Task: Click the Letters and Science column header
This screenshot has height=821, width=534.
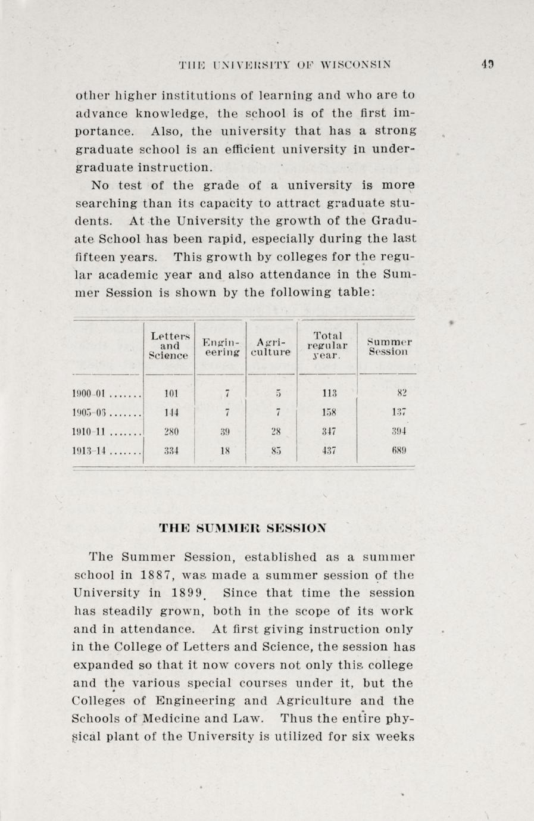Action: [168, 346]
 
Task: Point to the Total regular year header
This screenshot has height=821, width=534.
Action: [327, 346]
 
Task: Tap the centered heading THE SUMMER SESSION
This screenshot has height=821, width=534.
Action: [243, 527]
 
